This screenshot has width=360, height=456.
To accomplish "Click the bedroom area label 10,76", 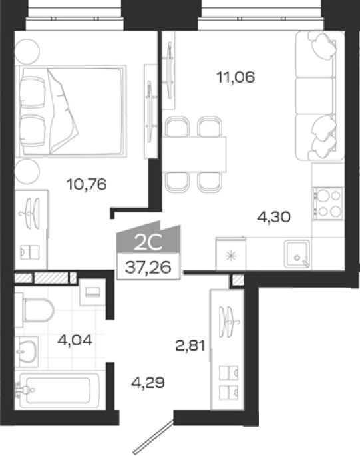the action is click(x=87, y=184).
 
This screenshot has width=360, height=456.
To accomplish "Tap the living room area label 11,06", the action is click(x=236, y=77).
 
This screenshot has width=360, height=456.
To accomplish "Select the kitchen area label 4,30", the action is click(x=274, y=217).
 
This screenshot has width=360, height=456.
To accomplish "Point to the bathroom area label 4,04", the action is click(x=75, y=340).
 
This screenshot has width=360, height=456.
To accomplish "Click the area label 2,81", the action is click(x=190, y=345).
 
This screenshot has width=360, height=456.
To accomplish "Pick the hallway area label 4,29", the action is click(x=148, y=383).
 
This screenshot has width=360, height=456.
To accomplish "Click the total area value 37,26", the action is click(x=148, y=267).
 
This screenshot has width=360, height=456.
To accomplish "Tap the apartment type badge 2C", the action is click(x=148, y=242).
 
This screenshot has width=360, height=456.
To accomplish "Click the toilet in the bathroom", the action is click(x=35, y=310).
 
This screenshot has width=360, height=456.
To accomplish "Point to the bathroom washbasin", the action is click(x=27, y=351).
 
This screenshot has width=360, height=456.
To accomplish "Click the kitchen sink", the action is click(x=297, y=254).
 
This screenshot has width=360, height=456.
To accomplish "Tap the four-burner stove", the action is click(x=328, y=204).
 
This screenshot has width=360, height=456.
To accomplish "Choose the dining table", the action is click(x=194, y=154).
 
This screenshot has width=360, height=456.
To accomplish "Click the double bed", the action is click(x=71, y=111).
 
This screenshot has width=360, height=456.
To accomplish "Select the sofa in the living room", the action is click(x=320, y=96).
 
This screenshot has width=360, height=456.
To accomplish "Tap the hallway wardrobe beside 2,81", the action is click(x=227, y=349).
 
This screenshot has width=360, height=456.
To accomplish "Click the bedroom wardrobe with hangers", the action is click(x=31, y=230).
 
